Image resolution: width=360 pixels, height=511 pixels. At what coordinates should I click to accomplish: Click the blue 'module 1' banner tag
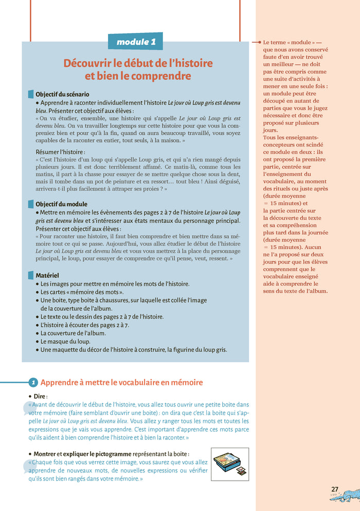pos(135,42)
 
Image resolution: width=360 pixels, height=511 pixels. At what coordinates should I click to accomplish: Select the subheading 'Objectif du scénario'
pos(62,94)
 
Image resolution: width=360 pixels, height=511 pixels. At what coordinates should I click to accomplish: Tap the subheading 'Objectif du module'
pos(61,204)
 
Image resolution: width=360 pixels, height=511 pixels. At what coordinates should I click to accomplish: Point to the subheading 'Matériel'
pos(47,275)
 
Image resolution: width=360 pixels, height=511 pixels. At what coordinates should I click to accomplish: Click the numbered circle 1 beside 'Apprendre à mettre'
pos(33,382)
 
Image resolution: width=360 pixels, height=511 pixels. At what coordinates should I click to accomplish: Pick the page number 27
pos(335,489)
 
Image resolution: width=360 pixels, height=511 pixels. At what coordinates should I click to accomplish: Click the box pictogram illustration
pos(229,464)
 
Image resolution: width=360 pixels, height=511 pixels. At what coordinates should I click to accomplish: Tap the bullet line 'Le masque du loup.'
pos(65,341)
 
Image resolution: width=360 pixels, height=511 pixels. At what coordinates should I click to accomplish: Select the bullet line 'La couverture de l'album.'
pos(73,333)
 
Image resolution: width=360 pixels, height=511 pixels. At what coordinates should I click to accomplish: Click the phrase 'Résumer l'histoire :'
pos(60,152)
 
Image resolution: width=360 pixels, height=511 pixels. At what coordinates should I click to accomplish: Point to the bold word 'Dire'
pos(40,396)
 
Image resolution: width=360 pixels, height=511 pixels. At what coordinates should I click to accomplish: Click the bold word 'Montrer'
pos(44,454)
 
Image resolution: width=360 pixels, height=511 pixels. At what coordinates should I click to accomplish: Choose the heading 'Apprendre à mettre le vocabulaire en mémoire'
pos(121,382)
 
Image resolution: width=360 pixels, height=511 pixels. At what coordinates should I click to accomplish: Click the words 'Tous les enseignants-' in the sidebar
pos(291,137)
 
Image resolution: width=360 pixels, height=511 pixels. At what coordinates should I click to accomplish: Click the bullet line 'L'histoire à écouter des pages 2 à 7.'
pos(84,325)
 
